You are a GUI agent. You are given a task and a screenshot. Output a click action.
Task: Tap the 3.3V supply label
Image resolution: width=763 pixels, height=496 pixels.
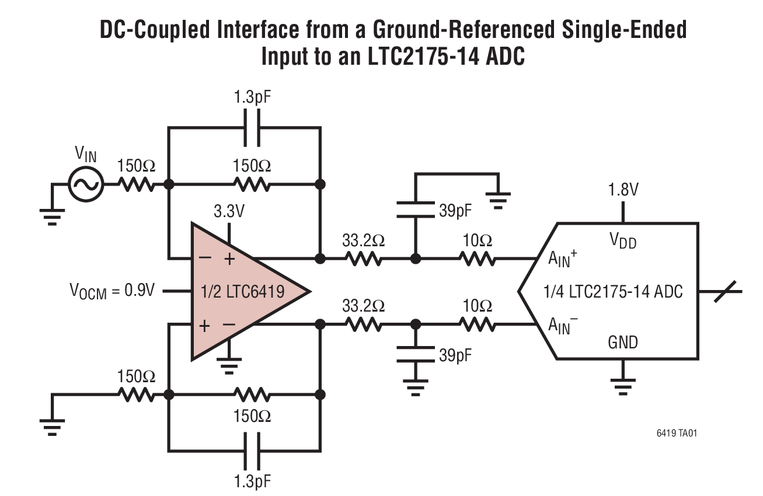(x=229, y=211)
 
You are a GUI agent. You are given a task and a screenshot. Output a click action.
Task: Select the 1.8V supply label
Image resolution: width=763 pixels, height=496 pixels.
(x=623, y=190)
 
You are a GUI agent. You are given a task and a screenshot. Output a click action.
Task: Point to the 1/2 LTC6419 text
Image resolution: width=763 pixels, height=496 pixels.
(x=241, y=291)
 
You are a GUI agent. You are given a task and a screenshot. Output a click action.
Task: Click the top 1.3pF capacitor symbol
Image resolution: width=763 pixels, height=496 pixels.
(x=252, y=128)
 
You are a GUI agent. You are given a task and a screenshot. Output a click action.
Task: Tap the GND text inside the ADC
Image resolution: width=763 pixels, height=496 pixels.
(x=623, y=341)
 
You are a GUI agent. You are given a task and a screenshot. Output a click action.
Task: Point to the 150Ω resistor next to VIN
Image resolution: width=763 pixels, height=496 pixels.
(x=137, y=184)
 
